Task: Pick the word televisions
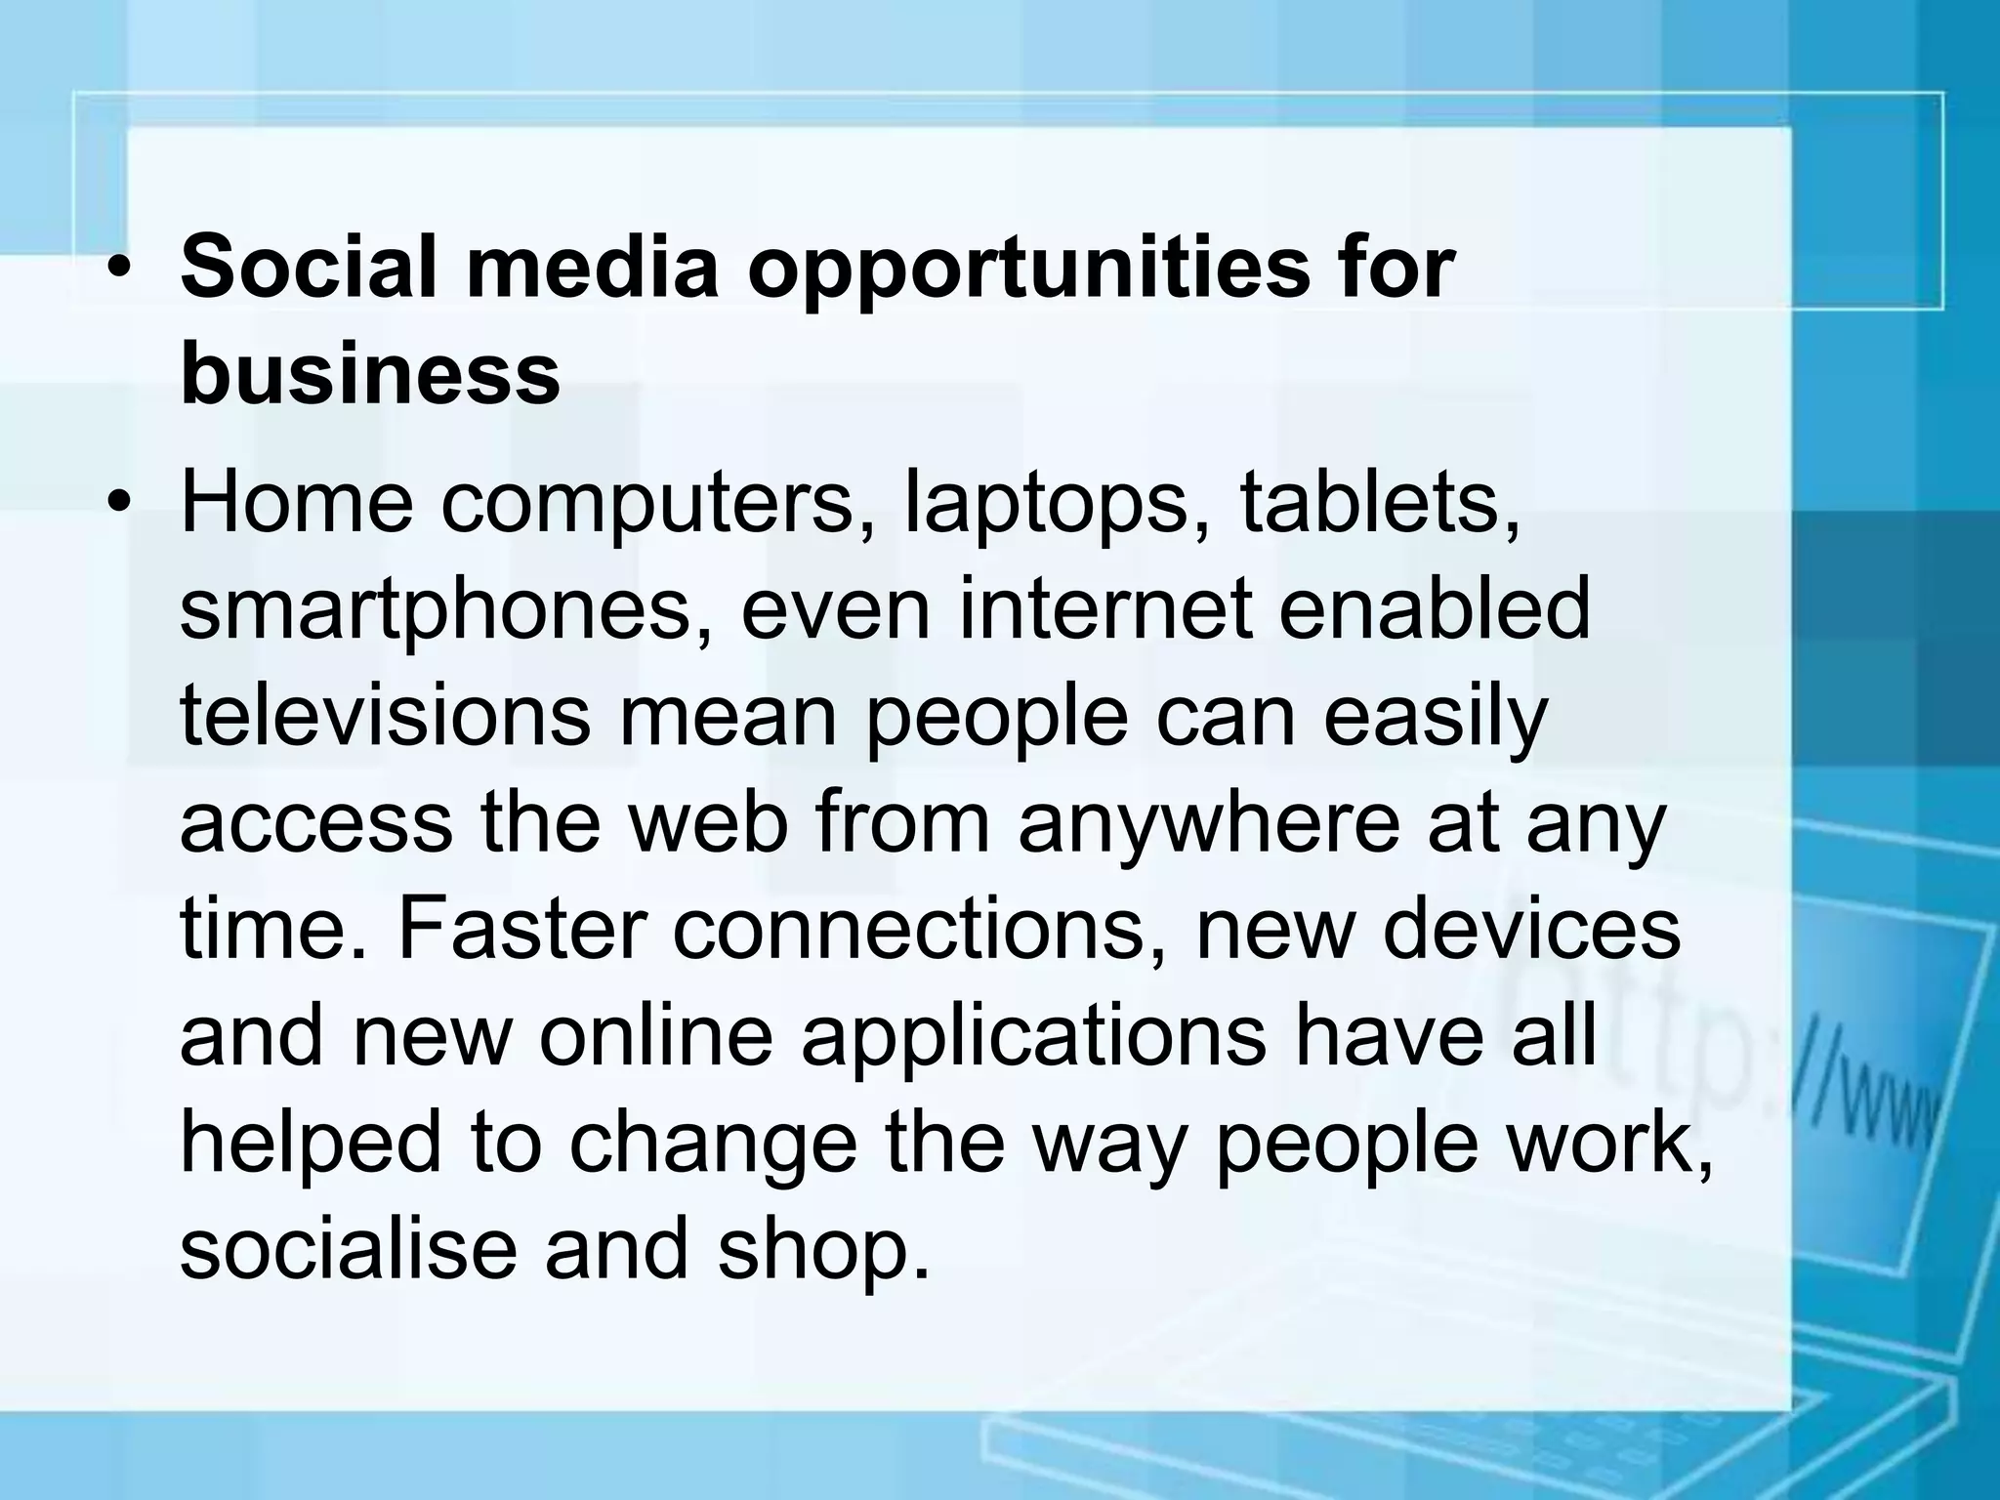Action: (x=386, y=715)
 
